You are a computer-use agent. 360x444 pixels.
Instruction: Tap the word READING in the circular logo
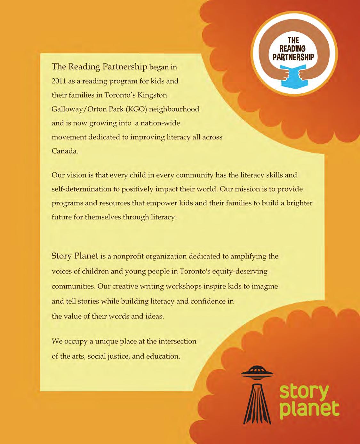292,49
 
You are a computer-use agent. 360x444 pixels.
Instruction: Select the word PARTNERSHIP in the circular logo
293,57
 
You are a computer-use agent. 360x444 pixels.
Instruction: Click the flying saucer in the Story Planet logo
257,372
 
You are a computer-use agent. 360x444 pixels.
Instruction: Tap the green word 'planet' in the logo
309,410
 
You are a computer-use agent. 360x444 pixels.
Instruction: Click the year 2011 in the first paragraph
59,81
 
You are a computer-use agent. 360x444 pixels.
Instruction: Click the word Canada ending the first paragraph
64,151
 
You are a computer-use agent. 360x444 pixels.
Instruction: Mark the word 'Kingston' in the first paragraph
152,95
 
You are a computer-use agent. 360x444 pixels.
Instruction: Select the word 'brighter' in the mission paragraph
300,203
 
